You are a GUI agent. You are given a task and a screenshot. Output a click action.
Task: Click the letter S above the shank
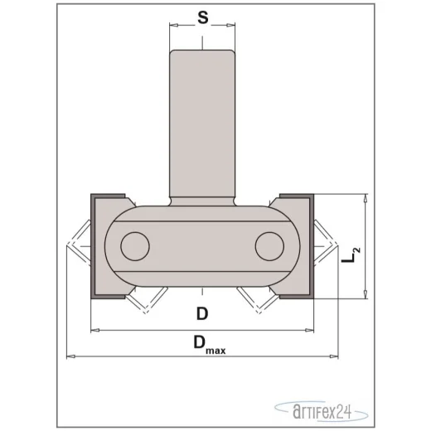click(203, 18)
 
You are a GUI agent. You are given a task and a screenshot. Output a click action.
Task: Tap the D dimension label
click(202, 314)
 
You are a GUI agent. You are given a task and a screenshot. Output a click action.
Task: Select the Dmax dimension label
click(210, 344)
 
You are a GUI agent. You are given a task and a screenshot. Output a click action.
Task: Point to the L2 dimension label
click(351, 255)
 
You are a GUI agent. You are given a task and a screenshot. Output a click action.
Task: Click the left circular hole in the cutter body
click(135, 246)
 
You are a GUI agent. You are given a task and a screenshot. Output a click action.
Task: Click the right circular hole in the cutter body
click(269, 246)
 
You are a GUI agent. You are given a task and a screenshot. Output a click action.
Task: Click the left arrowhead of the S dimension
click(174, 26)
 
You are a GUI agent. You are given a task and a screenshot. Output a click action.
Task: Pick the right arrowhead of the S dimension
click(230, 26)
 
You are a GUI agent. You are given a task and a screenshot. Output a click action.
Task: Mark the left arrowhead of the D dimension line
click(95, 330)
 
